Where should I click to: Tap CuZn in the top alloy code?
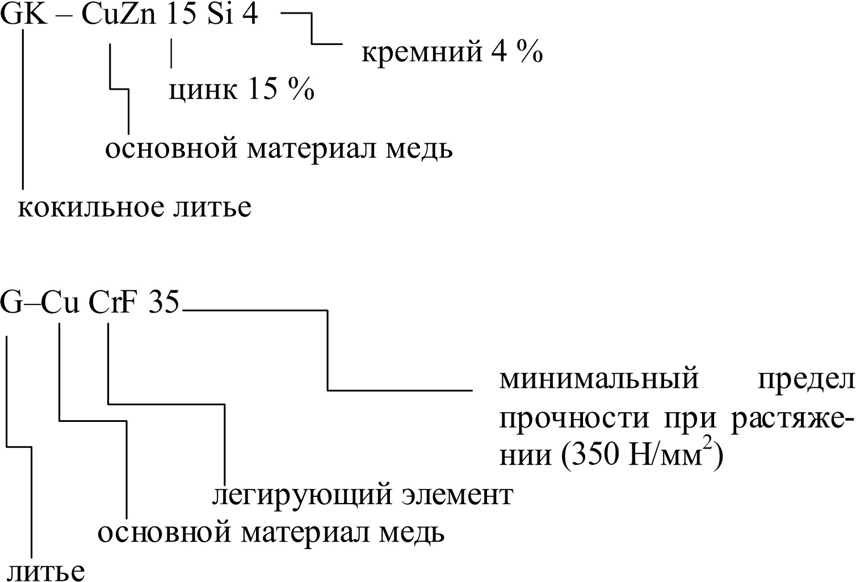[x=119, y=15]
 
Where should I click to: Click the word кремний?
[x=418, y=53]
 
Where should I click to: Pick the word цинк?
[x=203, y=90]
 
